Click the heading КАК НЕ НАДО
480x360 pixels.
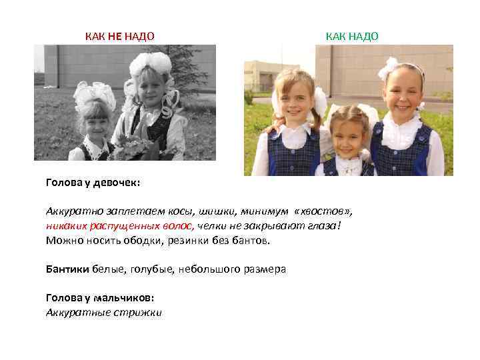(119, 36)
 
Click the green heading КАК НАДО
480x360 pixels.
(351, 36)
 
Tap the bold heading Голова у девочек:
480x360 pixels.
(93, 181)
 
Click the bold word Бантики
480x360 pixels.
(66, 269)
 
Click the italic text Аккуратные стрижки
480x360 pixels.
(103, 312)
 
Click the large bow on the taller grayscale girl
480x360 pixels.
(151, 65)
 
